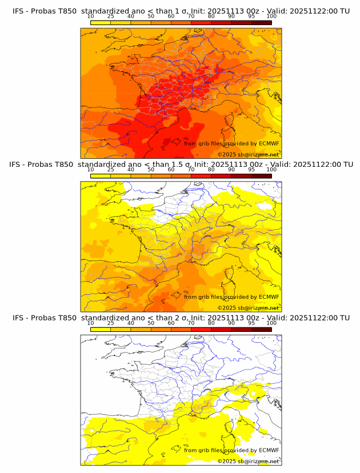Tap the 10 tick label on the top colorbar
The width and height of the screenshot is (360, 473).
click(90, 17)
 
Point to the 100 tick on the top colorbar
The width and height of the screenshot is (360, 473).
click(271, 17)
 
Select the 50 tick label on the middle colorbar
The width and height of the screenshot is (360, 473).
click(151, 170)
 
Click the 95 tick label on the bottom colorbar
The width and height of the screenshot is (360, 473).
click(251, 323)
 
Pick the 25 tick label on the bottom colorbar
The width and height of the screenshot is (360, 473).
click(110, 323)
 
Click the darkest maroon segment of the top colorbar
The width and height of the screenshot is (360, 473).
click(261, 22)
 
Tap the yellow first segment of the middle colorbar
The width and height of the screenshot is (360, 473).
click(100, 175)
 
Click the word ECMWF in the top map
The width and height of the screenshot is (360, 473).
click(269, 144)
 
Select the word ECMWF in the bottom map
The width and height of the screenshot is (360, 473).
click(269, 450)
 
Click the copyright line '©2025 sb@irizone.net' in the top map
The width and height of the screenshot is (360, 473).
click(248, 154)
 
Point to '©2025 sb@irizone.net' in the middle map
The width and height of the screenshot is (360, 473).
click(248, 307)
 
